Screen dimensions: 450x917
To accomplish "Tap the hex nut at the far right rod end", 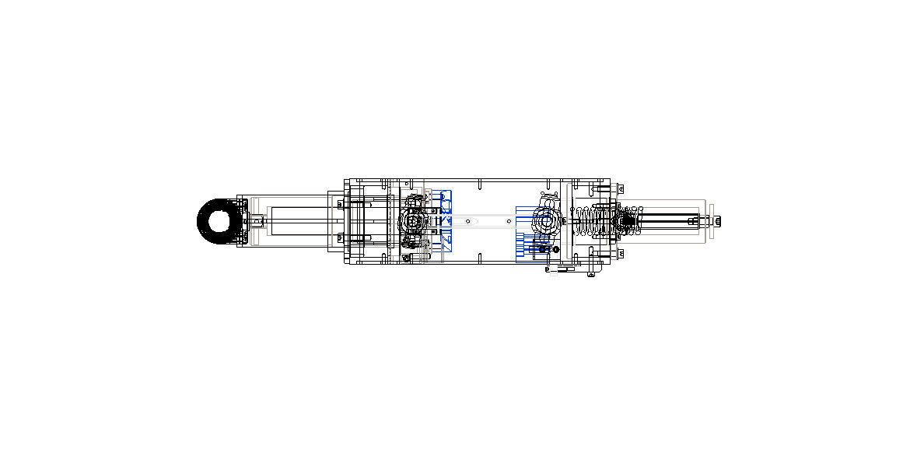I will pyautogui.click(x=716, y=222).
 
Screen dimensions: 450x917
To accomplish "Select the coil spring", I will pyautogui.click(x=595, y=221).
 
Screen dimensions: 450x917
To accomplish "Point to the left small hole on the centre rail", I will pyautogui.click(x=467, y=221).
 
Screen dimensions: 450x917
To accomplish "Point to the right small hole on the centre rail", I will pyautogui.click(x=509, y=221).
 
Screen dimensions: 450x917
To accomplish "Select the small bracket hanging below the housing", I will pyautogui.click(x=592, y=272).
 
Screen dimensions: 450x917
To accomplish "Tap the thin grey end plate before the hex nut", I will pyautogui.click(x=710, y=222).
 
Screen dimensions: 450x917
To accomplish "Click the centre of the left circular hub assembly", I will pyautogui.click(x=412, y=221).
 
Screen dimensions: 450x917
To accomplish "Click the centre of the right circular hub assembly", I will pyautogui.click(x=546, y=221).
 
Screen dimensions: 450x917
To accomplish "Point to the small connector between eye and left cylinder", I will pyautogui.click(x=254, y=222).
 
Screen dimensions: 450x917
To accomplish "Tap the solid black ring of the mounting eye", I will pyautogui.click(x=203, y=221).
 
